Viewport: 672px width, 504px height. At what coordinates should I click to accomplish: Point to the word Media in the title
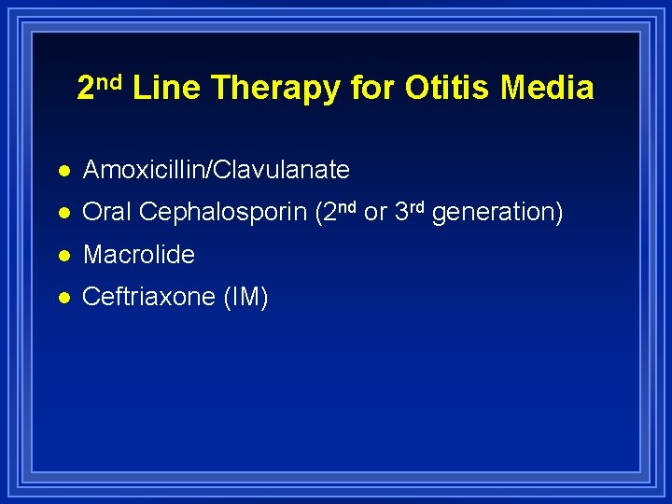point(547,88)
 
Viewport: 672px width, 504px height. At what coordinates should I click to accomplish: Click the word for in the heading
point(372,88)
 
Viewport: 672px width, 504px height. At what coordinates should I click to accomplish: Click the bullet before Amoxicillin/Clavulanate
point(62,170)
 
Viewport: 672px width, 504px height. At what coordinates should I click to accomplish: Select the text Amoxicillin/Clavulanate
point(216,170)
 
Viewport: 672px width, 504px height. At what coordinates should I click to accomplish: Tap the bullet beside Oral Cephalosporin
point(62,213)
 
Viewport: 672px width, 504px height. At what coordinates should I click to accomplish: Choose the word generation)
point(497,214)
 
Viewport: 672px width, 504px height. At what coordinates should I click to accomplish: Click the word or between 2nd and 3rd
point(375,214)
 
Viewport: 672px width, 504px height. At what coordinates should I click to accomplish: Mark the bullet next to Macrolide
point(62,255)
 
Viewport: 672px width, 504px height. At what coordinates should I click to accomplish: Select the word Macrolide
point(138,255)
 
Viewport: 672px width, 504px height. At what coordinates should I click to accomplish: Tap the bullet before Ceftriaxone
point(62,298)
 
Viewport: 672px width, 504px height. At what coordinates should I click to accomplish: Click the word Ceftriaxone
point(149,298)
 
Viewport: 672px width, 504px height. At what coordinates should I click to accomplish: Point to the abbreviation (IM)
point(245,298)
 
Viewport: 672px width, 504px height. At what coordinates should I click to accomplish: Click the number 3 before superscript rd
point(402,213)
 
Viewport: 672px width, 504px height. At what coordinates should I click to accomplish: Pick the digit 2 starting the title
point(86,89)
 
